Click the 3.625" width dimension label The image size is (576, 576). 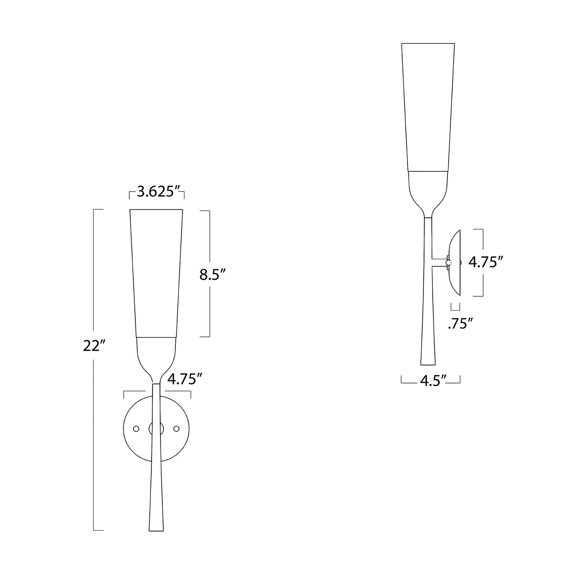(x=156, y=192)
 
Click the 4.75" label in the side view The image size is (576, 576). (x=486, y=263)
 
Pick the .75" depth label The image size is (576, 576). (x=460, y=324)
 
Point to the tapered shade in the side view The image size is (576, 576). (x=428, y=108)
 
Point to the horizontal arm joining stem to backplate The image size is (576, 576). (x=440, y=263)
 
